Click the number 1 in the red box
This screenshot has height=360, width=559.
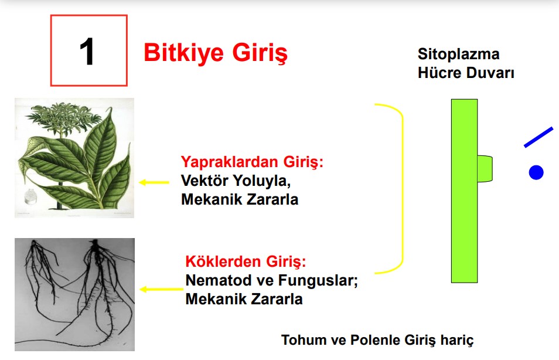(x=87, y=52)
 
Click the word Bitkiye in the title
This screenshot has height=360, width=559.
(x=183, y=52)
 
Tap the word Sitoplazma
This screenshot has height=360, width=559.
(x=458, y=54)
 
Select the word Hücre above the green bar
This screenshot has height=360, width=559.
(x=439, y=73)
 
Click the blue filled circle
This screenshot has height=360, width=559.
(x=536, y=173)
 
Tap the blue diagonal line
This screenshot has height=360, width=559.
(x=538, y=137)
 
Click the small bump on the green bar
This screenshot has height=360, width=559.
(x=485, y=168)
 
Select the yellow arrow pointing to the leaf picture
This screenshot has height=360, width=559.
(x=154, y=182)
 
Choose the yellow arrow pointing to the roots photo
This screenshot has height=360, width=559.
(x=161, y=289)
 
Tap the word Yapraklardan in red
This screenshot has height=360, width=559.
(x=230, y=162)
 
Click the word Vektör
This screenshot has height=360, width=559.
(x=204, y=180)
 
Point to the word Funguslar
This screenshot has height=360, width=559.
(x=318, y=280)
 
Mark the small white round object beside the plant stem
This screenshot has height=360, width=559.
(x=32, y=196)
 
